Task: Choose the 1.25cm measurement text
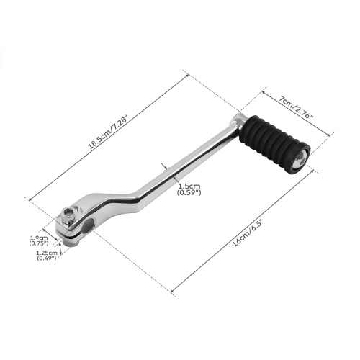45,253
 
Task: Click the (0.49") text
45,259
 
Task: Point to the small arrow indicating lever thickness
167,167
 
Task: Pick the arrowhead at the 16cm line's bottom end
172,293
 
